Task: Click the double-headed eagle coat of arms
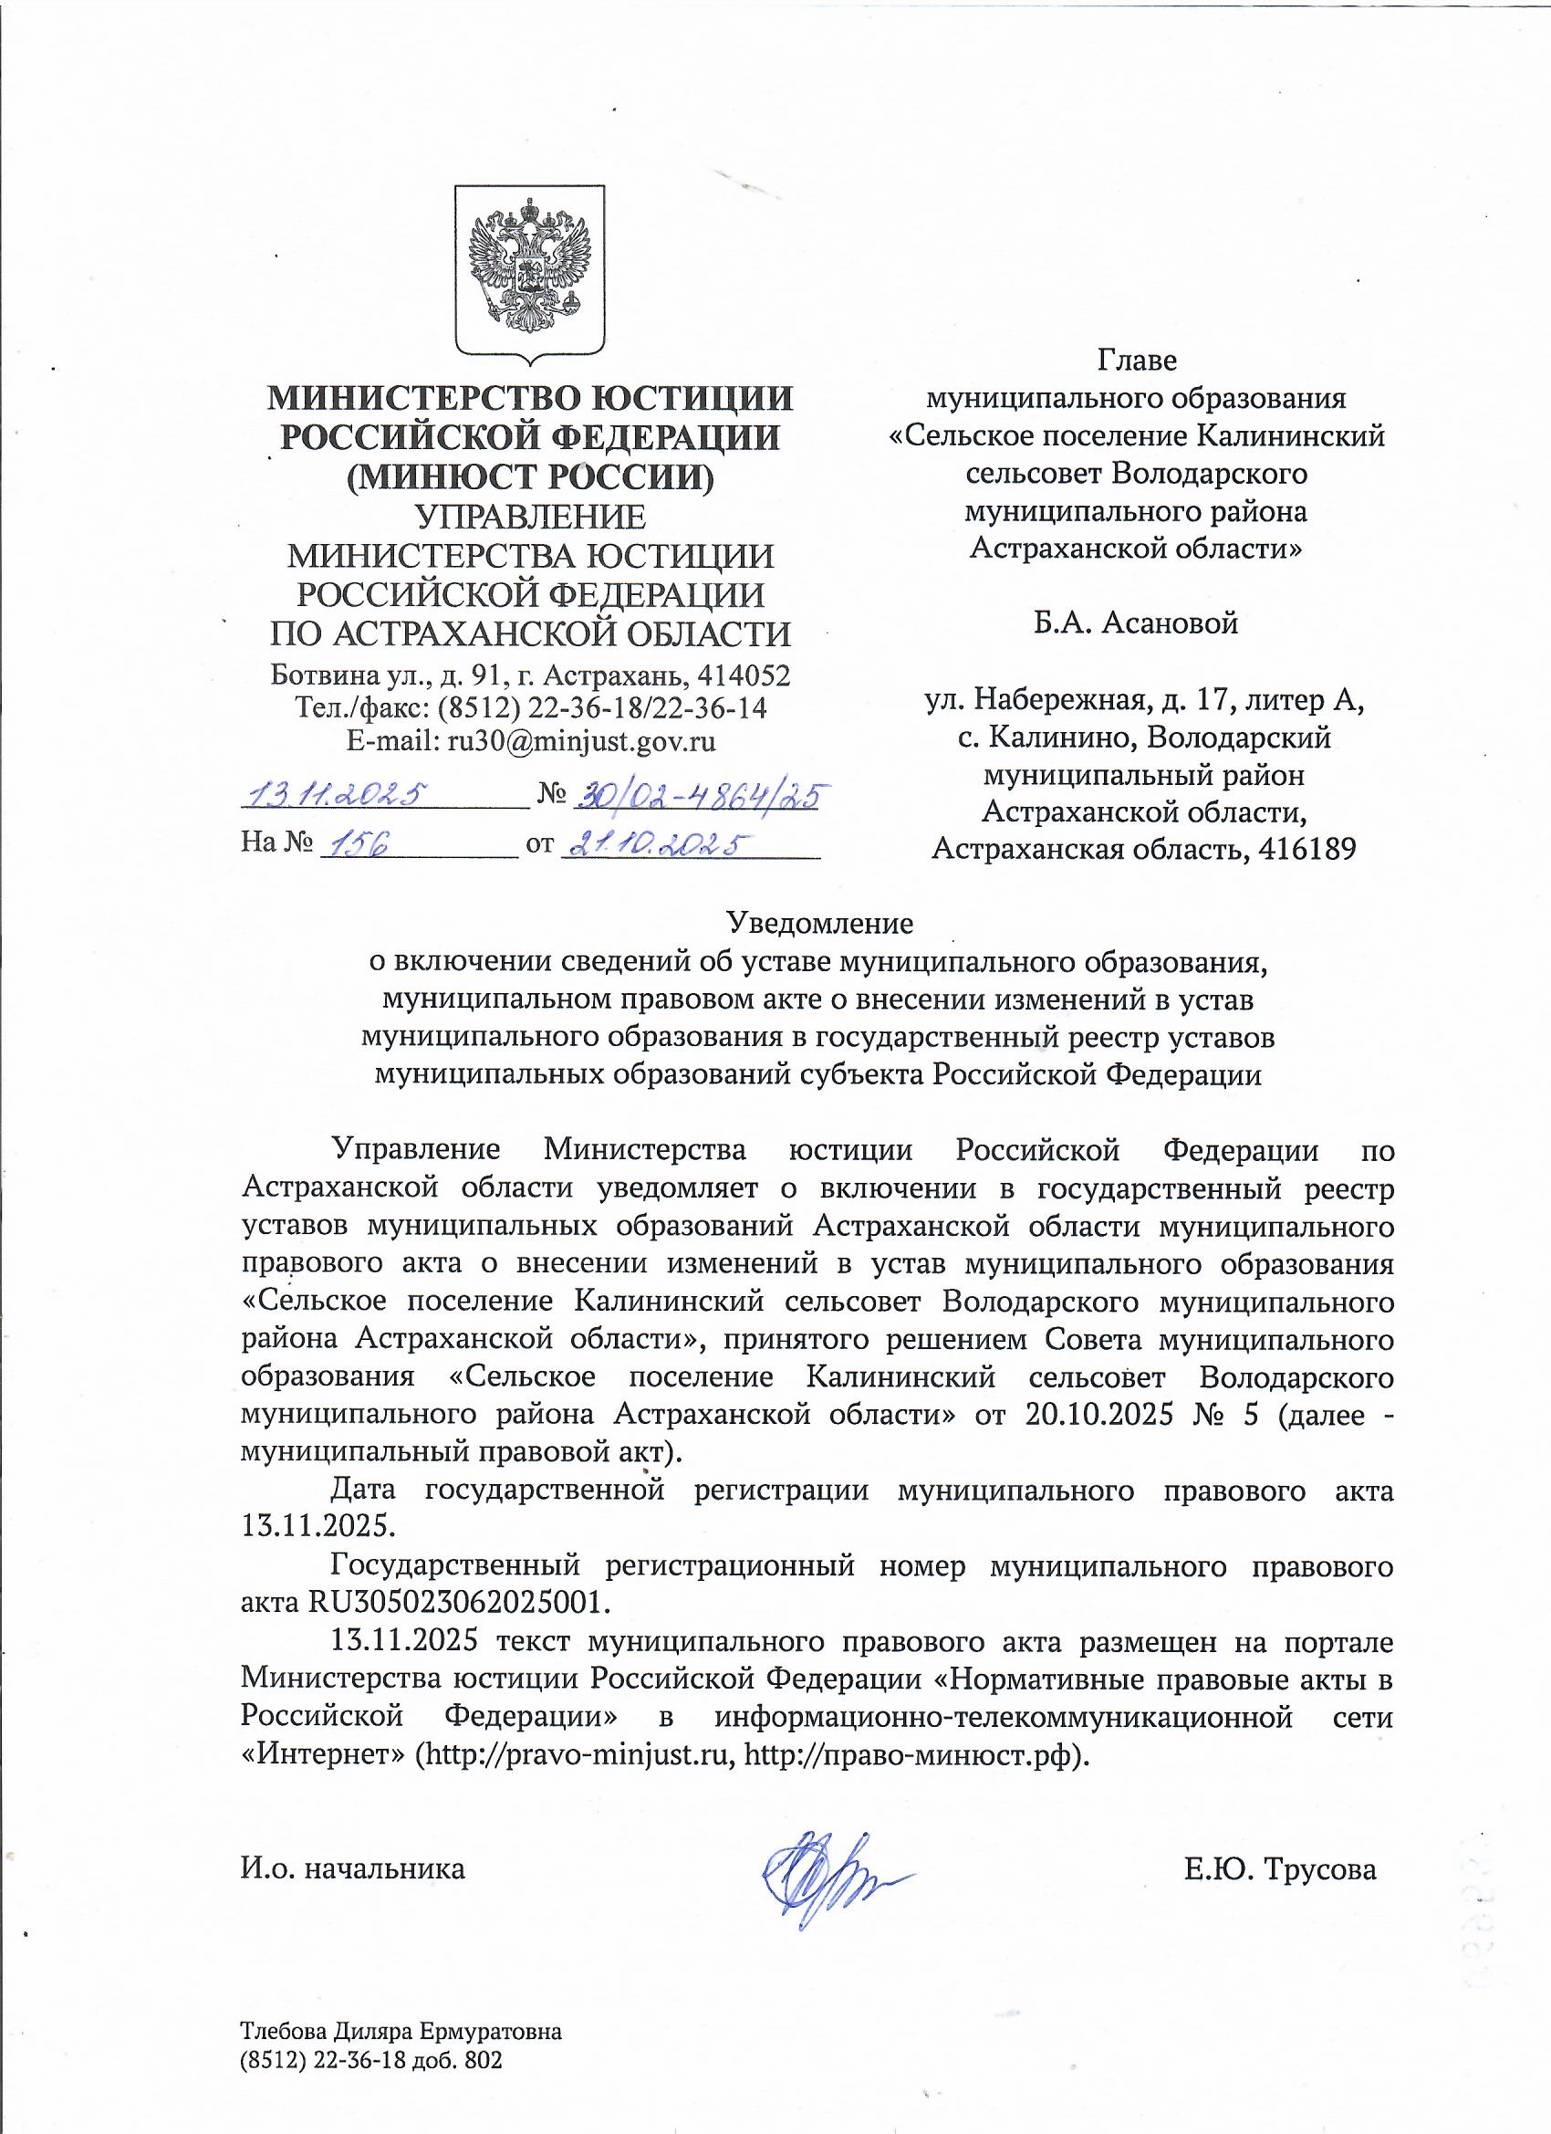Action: coord(528,271)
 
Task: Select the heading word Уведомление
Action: coord(821,923)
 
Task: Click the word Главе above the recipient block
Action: coord(1136,360)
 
